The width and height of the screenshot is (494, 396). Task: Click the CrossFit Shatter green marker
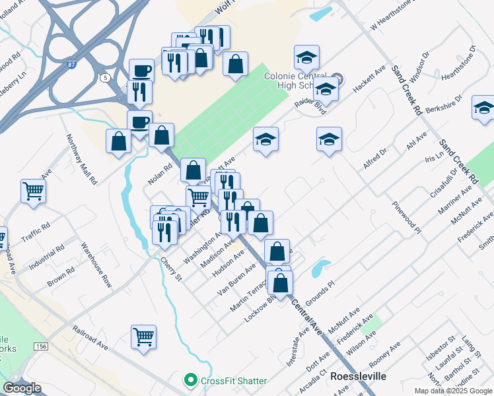point(191,381)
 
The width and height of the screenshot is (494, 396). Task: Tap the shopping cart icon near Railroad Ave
point(143,337)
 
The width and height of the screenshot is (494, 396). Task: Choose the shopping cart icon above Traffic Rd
point(33,191)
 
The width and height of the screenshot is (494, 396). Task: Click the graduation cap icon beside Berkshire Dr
point(483,108)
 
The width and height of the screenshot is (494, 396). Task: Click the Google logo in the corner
point(21,388)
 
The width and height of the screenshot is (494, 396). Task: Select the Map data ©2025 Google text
point(453,391)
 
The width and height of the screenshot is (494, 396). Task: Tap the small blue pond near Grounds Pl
point(320,267)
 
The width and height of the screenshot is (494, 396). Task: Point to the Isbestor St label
point(441,348)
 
